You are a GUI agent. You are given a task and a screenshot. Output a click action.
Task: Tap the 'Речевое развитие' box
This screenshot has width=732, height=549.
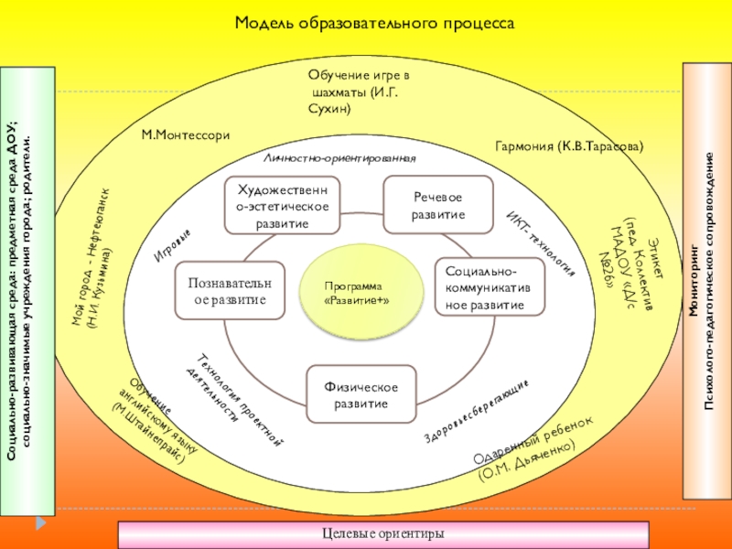(x=438, y=206)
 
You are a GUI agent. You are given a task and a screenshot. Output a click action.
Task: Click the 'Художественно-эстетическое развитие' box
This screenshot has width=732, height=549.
(x=283, y=206)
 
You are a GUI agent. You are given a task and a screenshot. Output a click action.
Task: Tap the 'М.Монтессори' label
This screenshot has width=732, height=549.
(x=186, y=135)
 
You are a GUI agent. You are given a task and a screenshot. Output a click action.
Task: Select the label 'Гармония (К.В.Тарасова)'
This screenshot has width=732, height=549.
(x=569, y=146)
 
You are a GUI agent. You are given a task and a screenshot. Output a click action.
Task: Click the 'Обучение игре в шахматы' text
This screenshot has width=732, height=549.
(x=359, y=91)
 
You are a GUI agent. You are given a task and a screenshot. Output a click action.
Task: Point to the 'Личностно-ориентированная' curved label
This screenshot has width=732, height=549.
(x=339, y=158)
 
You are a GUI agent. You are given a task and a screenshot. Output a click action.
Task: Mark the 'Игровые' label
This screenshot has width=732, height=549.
(x=172, y=247)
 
